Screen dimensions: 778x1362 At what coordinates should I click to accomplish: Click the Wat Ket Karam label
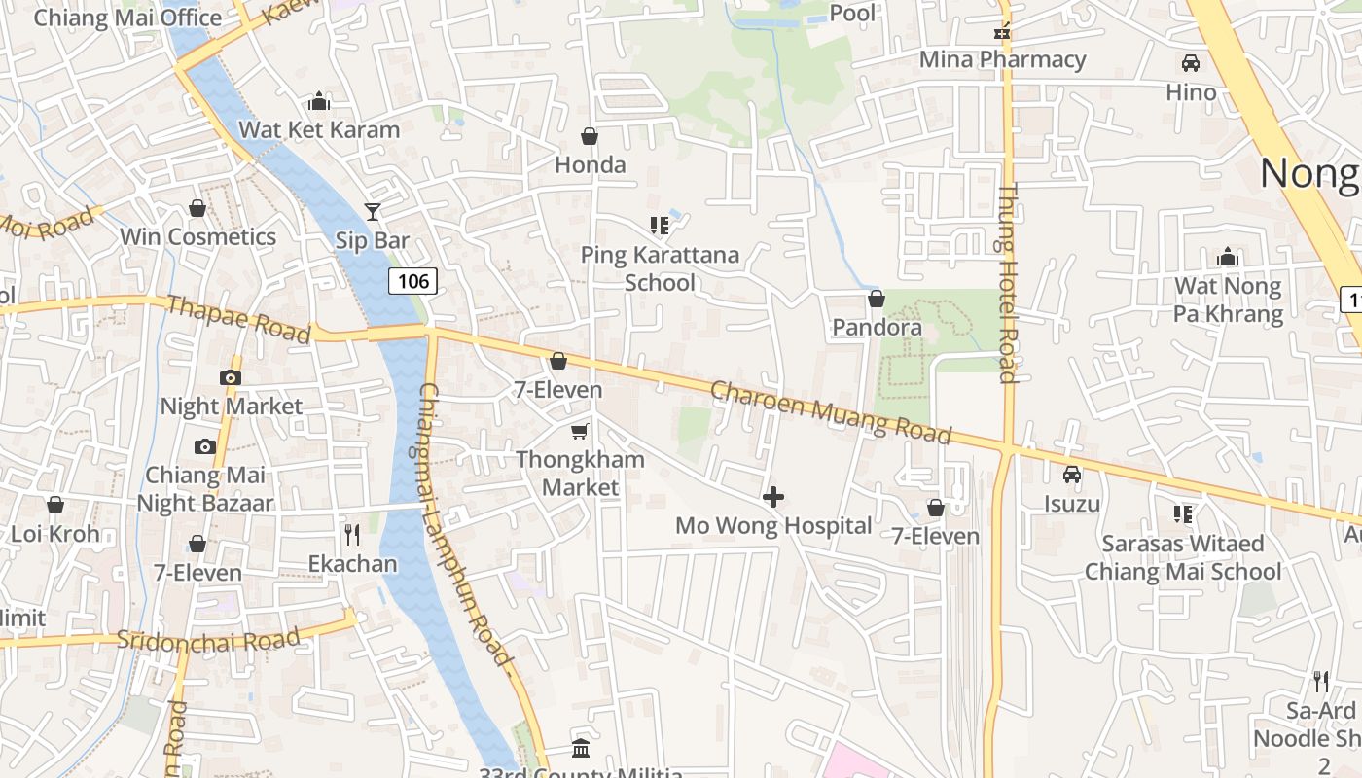pyautogui.click(x=319, y=129)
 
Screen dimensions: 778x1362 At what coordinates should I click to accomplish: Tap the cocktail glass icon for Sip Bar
pyautogui.click(x=372, y=211)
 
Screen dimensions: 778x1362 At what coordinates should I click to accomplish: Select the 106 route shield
pyautogui.click(x=413, y=281)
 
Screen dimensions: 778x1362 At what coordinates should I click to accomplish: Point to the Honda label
pyautogui.click(x=590, y=164)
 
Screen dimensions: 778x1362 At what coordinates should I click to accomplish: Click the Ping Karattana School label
pyautogui.click(x=660, y=268)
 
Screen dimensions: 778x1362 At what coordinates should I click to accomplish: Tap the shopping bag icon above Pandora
pyautogui.click(x=877, y=299)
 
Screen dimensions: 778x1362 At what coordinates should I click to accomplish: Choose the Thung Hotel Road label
pyautogui.click(x=1008, y=282)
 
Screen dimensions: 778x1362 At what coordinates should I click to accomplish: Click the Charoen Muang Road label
pyautogui.click(x=830, y=411)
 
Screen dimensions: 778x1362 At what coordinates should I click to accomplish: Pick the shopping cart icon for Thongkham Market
pyautogui.click(x=580, y=431)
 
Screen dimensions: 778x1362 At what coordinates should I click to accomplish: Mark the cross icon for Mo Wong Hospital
pyautogui.click(x=773, y=498)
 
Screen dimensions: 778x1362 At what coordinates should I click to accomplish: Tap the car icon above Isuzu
pyautogui.click(x=1072, y=475)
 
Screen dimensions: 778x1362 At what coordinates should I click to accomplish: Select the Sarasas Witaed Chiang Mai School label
pyautogui.click(x=1183, y=557)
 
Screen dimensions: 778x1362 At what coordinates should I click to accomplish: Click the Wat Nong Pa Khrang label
pyautogui.click(x=1228, y=300)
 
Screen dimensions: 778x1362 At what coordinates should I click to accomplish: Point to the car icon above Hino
pyautogui.click(x=1190, y=64)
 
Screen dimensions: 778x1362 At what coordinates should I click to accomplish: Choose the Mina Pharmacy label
pyautogui.click(x=1002, y=59)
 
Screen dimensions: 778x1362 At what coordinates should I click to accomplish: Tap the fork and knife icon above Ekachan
pyautogui.click(x=352, y=534)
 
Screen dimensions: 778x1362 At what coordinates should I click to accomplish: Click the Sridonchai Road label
pyautogui.click(x=208, y=639)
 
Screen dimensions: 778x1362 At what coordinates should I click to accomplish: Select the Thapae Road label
pyautogui.click(x=238, y=319)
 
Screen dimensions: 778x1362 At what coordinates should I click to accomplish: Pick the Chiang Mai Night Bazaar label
pyautogui.click(x=205, y=489)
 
